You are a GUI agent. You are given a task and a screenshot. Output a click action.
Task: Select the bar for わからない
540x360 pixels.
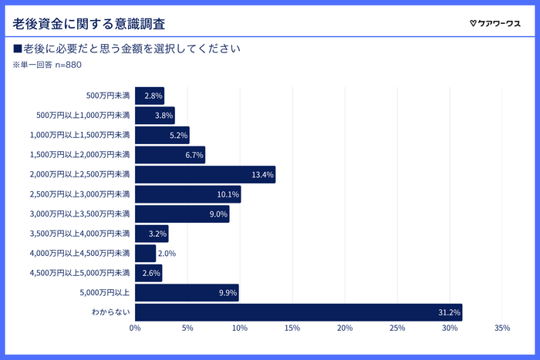(299, 312)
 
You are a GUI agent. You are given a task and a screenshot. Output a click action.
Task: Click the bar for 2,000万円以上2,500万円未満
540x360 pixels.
(205, 174)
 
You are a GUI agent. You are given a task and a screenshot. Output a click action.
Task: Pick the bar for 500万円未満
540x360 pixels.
(150, 96)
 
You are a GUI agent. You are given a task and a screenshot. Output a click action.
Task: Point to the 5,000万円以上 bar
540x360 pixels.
(187, 293)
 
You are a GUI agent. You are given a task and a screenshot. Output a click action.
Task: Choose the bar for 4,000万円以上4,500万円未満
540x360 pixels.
(146, 253)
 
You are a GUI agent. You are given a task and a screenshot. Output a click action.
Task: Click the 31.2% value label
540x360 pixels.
(449, 313)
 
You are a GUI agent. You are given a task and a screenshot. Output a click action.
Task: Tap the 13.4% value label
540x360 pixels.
(262, 175)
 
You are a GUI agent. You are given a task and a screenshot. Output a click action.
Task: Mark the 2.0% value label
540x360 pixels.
(167, 254)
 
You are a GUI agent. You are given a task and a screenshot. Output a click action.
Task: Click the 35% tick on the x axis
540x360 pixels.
(502, 329)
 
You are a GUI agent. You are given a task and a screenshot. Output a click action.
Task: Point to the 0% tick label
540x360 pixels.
(135, 329)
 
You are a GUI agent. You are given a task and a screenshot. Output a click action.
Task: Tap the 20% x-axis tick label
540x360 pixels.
(345, 329)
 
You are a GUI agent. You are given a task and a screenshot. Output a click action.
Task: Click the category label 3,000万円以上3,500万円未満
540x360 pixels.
(80, 214)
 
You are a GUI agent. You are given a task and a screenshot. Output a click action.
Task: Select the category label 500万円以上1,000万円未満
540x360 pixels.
(83, 116)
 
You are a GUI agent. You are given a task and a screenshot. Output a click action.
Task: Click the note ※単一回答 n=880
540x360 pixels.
(48, 65)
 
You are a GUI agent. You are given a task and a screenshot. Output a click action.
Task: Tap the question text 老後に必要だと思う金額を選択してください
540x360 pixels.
(128, 48)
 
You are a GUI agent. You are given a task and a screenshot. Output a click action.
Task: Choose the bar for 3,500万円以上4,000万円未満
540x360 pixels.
(151, 234)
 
